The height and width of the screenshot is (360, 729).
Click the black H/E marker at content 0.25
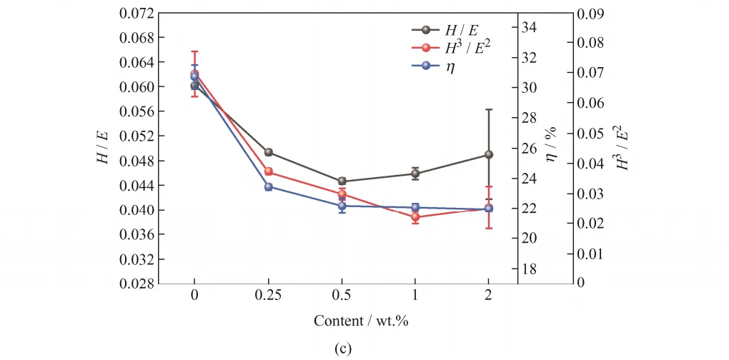(x=269, y=152)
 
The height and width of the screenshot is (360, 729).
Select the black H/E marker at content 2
(x=489, y=154)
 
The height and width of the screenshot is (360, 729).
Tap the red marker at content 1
(x=415, y=216)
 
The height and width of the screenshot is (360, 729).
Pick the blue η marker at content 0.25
(x=269, y=187)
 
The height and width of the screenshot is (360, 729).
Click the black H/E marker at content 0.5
(x=342, y=181)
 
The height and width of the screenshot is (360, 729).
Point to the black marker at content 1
(x=415, y=174)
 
